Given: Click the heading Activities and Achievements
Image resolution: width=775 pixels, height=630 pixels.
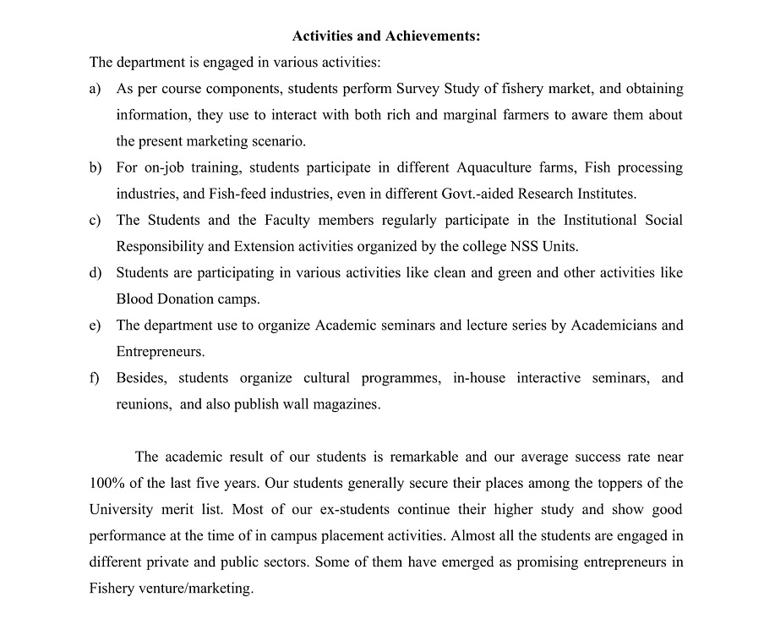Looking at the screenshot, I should tap(386, 36).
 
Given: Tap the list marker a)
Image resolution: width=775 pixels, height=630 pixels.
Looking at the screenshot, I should tap(95, 89).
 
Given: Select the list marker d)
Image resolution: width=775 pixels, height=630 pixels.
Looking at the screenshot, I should tap(95, 273).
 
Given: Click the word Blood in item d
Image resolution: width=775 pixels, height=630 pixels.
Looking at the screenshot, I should tap(134, 299).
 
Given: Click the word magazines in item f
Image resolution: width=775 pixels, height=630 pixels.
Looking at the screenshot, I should tap(349, 404).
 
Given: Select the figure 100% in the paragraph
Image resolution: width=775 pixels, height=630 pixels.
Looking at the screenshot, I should tap(106, 484).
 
